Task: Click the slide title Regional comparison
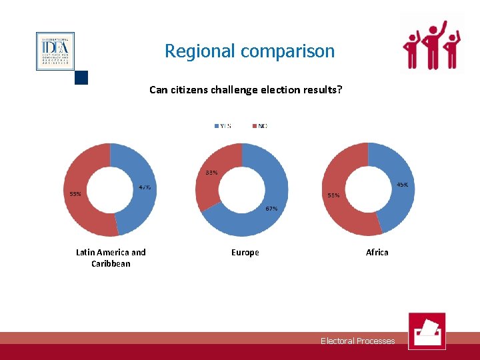(x=249, y=51)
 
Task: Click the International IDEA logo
(x=55, y=51)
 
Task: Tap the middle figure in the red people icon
(x=435, y=44)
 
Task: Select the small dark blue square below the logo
(x=81, y=77)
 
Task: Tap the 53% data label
(x=75, y=194)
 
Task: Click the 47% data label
(x=145, y=187)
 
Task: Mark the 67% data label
(x=271, y=209)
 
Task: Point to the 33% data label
(x=211, y=173)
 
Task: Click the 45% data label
(x=403, y=184)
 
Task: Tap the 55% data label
(x=333, y=195)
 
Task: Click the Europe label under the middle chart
(x=245, y=252)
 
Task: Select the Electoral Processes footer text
(x=357, y=341)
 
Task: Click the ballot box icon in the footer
(x=427, y=331)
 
